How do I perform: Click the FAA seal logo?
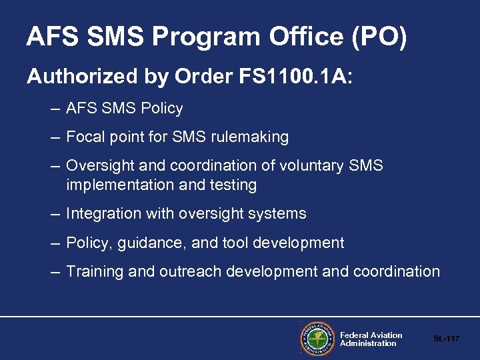tap(317, 339)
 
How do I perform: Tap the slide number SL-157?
tap(446, 339)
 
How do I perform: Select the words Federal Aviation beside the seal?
tap(371, 335)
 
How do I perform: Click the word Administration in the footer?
tap(368, 343)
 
